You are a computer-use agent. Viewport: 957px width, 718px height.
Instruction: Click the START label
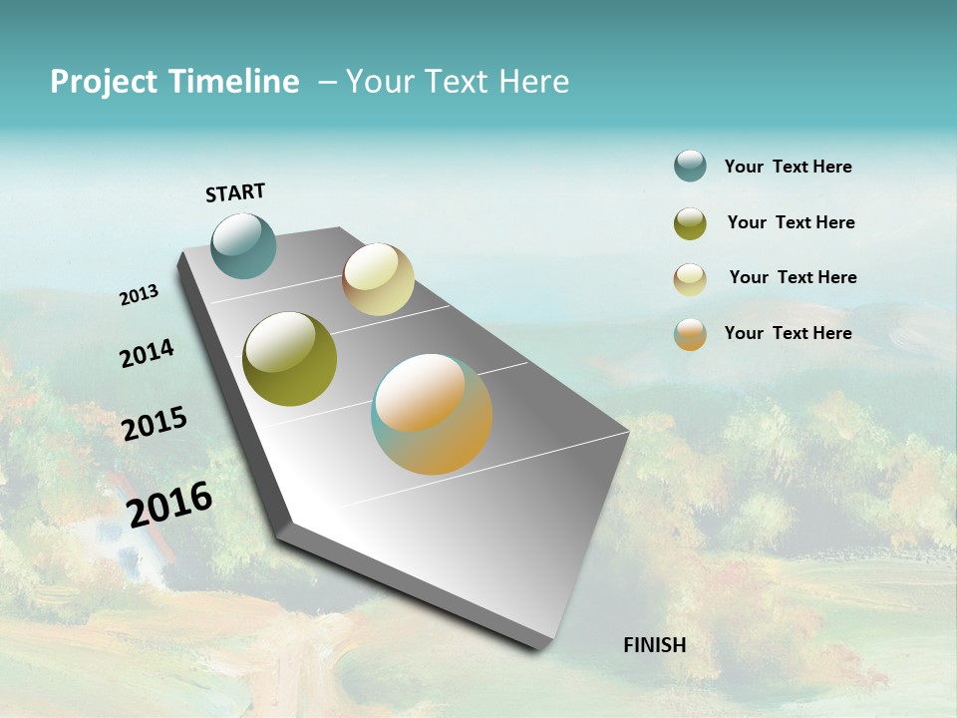pyautogui.click(x=235, y=192)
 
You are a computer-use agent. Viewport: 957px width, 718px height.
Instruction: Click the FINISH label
pyautogui.click(x=655, y=645)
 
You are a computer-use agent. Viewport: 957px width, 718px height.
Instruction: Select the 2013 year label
pyautogui.click(x=140, y=295)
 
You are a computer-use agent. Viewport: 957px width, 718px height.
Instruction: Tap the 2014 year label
pyautogui.click(x=148, y=353)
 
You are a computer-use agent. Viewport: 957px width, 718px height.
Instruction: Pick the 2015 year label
pyautogui.click(x=155, y=424)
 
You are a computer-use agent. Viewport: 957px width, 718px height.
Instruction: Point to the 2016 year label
pyautogui.click(x=169, y=505)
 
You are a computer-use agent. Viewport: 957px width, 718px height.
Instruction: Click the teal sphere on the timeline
pyautogui.click(x=243, y=245)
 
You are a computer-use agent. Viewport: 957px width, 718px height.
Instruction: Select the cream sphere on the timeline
pyautogui.click(x=378, y=279)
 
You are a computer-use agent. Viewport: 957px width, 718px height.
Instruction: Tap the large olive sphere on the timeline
pyautogui.click(x=290, y=359)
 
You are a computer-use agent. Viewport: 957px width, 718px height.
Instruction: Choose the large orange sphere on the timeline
pyautogui.click(x=432, y=414)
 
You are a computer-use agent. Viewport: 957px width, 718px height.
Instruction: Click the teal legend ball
pyautogui.click(x=690, y=166)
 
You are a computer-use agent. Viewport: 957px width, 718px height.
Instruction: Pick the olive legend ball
pyautogui.click(x=690, y=223)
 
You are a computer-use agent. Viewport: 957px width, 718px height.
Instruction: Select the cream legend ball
pyautogui.click(x=690, y=279)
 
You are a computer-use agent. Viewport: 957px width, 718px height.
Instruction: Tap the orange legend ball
pyautogui.click(x=690, y=334)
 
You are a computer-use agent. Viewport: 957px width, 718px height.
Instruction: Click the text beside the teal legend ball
pyautogui.click(x=788, y=167)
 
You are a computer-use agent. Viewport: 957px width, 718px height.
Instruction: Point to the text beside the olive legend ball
pyautogui.click(x=791, y=222)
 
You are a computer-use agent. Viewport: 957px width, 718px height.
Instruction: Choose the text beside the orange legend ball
pyautogui.click(x=788, y=333)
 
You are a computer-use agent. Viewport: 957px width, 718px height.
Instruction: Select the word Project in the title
pyautogui.click(x=104, y=82)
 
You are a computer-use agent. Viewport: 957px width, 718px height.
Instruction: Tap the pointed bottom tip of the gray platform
pyautogui.click(x=543, y=646)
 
